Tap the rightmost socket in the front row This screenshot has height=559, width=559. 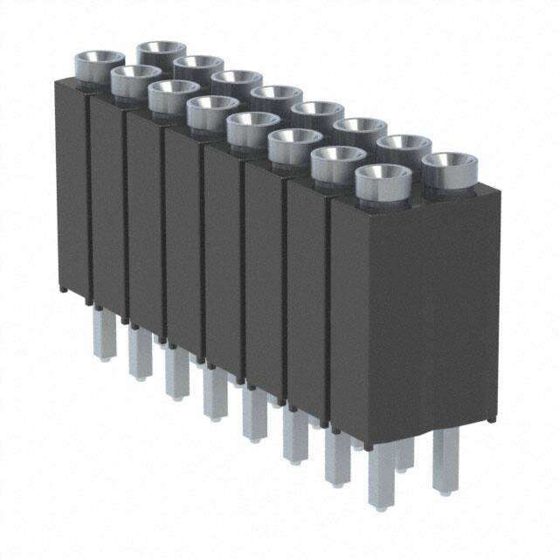coord(383,178)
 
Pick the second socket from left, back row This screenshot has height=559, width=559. coord(199,67)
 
